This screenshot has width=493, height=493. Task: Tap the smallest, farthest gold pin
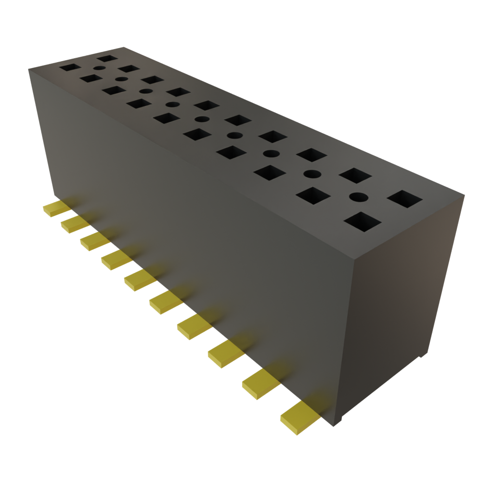point(56,208)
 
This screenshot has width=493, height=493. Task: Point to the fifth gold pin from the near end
point(166,303)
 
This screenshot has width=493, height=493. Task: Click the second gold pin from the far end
point(75,223)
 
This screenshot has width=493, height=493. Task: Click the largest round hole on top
point(358,196)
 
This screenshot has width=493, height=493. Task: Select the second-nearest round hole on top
point(312,173)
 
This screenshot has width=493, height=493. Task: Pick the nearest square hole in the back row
point(404,198)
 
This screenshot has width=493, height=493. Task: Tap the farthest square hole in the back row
point(107,58)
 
